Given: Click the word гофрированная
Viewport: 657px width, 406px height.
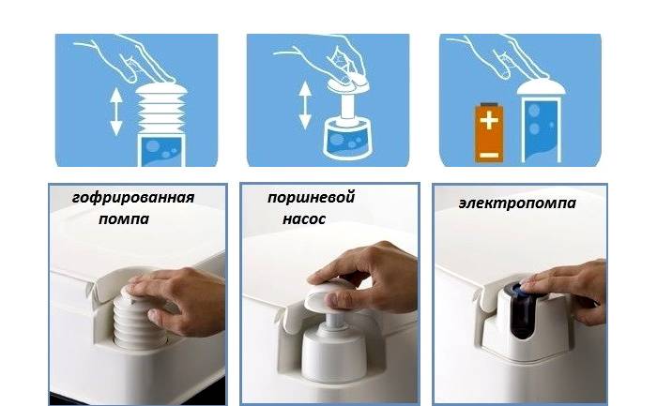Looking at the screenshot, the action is [133, 198].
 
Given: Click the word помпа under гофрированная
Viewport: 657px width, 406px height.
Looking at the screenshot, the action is [124, 218].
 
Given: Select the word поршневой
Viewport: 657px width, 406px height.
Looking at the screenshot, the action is [311, 197].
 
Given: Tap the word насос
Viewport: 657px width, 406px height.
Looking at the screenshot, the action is [304, 218].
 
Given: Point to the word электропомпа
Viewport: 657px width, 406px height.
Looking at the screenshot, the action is [517, 203].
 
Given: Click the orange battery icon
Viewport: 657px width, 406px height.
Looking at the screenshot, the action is [489, 132].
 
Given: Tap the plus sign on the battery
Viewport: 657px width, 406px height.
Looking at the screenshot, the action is [489, 121].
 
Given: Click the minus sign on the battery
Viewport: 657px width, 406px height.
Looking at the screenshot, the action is [489, 156].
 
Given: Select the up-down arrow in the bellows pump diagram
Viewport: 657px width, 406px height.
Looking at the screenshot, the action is [116, 112].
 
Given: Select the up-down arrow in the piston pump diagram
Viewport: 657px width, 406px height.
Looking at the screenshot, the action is [305, 105].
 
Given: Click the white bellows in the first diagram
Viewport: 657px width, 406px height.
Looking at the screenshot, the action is [161, 109].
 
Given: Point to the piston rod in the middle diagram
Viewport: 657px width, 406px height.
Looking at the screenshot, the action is [348, 106].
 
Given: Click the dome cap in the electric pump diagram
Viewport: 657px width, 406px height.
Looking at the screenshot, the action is [541, 87].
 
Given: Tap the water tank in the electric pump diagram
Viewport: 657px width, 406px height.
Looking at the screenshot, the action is [542, 130].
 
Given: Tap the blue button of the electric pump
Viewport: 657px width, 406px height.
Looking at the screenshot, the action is [521, 289].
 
